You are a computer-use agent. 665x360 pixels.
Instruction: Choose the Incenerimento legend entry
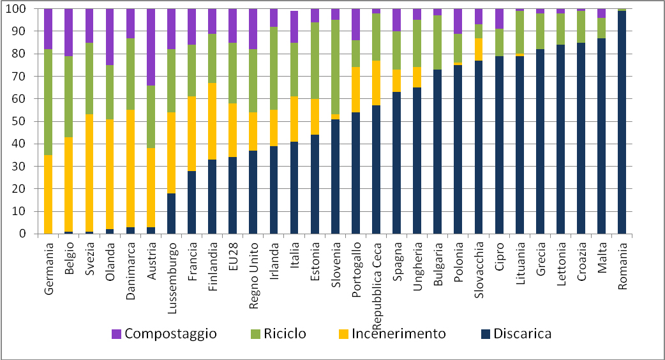coord(393,333)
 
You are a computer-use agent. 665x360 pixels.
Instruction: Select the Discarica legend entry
coord(513,333)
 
